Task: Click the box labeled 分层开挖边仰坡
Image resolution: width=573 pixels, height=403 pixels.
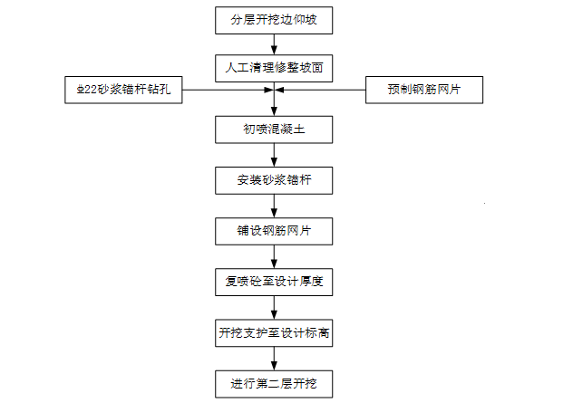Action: [274, 18]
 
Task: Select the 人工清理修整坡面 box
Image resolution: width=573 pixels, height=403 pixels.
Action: [274, 68]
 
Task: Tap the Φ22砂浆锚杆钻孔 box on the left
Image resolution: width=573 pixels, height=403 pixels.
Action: [124, 90]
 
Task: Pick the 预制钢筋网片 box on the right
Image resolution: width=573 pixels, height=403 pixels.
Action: [424, 90]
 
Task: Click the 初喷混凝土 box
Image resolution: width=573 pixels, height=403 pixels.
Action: [274, 130]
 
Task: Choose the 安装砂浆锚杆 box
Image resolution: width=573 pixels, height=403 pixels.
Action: [274, 180]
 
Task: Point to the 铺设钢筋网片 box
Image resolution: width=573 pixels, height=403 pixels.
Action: [274, 232]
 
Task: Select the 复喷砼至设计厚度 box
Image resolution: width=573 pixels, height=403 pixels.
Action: [274, 282]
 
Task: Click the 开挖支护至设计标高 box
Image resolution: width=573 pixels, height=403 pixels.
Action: [274, 332]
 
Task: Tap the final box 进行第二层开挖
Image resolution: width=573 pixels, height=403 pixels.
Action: [274, 383]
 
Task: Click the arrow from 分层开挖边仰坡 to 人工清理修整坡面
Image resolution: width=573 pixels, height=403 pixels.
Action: [274, 43]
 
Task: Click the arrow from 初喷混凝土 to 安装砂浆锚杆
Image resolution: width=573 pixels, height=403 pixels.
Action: [274, 155]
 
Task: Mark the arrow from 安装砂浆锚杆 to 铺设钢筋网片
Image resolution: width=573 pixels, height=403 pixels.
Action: [274, 206]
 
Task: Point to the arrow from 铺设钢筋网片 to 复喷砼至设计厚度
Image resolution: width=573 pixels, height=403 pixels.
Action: [274, 256]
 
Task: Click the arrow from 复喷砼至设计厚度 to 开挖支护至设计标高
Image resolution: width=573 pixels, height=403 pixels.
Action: [274, 307]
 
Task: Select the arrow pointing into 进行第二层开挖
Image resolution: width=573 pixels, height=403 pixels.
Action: [274, 358]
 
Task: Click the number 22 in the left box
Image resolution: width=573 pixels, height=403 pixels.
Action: [92, 90]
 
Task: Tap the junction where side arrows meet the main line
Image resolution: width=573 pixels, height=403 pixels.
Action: [274, 90]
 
